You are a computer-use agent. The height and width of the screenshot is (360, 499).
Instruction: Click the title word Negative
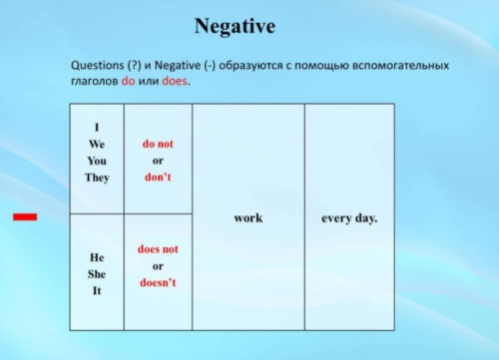point(235,26)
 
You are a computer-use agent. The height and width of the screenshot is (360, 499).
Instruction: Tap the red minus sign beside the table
point(25,217)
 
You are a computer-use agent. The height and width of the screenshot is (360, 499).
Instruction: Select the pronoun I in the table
point(97,128)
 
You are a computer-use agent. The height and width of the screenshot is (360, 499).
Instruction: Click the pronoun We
point(97,144)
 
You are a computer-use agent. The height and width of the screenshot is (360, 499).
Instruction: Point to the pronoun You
point(97,161)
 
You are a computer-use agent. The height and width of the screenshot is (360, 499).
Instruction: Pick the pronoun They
point(97,178)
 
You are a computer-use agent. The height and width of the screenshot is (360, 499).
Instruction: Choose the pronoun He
point(97,257)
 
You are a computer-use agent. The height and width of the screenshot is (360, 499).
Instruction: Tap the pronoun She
point(97,274)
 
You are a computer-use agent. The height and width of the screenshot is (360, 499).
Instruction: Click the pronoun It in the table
point(97,291)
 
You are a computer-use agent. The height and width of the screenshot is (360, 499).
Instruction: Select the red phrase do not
point(158,144)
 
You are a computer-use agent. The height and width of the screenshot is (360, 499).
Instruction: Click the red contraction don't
point(158,178)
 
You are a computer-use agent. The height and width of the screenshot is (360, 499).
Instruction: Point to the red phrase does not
point(158,249)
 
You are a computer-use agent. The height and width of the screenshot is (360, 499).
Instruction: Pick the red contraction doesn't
point(158,282)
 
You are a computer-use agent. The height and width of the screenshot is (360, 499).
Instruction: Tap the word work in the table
point(249,218)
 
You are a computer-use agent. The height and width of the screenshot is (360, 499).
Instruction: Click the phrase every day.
point(349,218)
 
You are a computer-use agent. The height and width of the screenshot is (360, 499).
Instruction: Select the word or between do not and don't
point(158,161)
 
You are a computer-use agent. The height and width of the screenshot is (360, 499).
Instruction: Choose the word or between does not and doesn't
point(158,266)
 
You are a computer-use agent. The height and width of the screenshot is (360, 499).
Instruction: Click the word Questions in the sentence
point(98,65)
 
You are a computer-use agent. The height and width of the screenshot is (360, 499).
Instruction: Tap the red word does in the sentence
point(175,81)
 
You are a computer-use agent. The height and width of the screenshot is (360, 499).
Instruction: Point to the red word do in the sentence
point(128,81)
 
